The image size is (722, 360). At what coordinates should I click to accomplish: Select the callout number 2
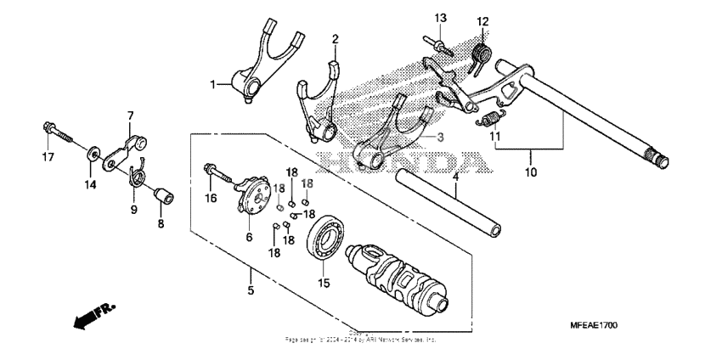335,39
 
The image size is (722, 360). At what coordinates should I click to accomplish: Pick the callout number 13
441,18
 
